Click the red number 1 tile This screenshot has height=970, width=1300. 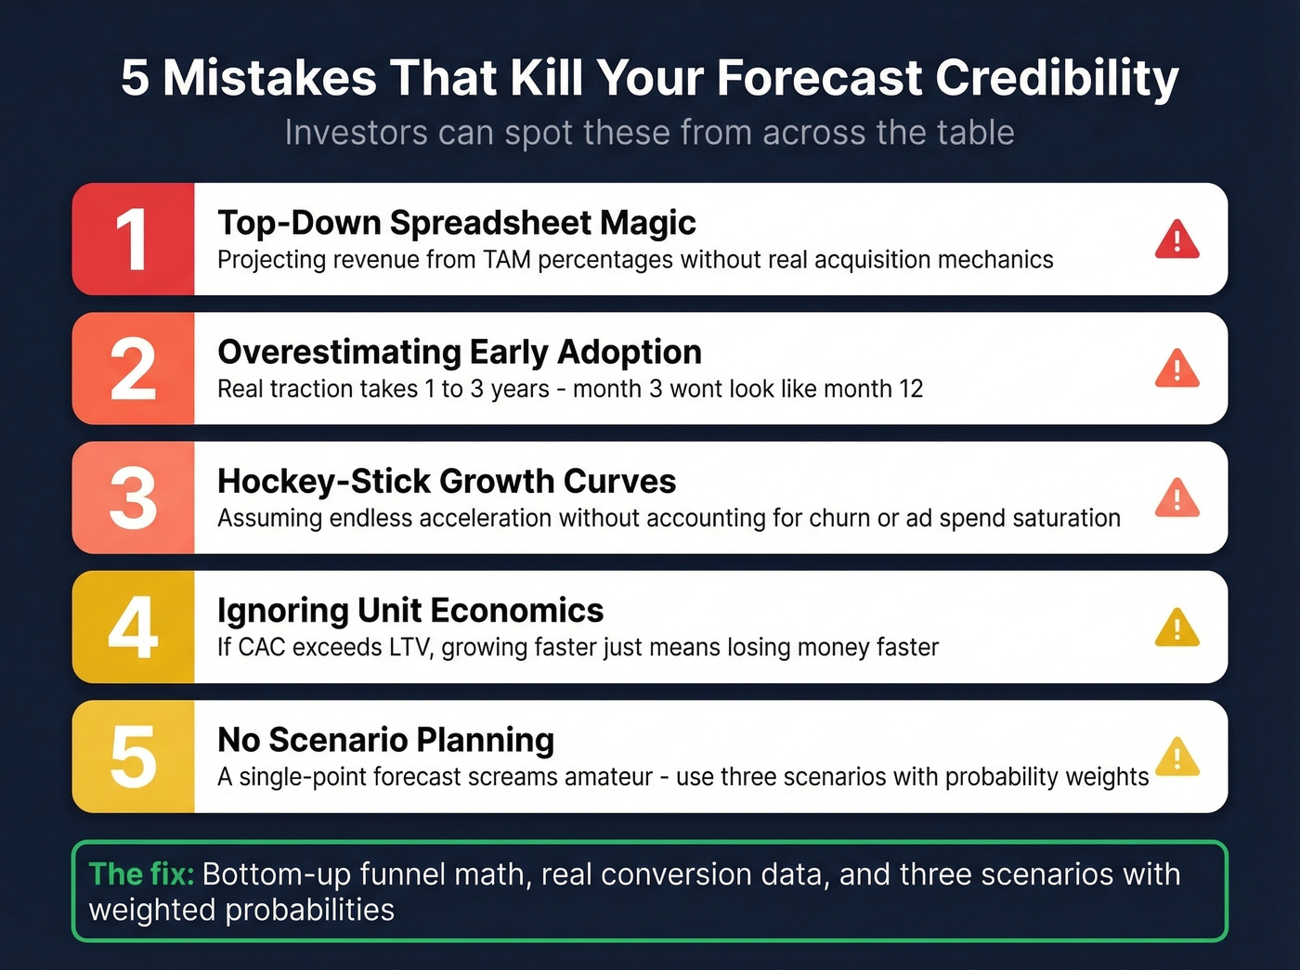[133, 239]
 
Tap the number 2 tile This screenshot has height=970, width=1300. [133, 369]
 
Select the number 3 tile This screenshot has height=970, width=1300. [133, 498]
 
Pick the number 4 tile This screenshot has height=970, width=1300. [133, 627]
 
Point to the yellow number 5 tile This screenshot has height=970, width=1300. [133, 757]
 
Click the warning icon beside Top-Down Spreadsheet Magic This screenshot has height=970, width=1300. [1176, 240]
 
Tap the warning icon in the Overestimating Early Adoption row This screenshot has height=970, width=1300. [1176, 369]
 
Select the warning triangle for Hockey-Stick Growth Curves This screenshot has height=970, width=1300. [1176, 498]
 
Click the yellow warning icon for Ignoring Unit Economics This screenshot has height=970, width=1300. [1176, 628]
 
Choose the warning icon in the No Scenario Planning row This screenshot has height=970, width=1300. [1176, 757]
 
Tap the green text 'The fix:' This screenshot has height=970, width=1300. [141, 874]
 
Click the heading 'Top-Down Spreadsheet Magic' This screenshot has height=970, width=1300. [456, 223]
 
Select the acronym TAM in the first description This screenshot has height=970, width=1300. [507, 260]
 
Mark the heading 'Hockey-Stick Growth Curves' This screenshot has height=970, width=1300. [446, 482]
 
